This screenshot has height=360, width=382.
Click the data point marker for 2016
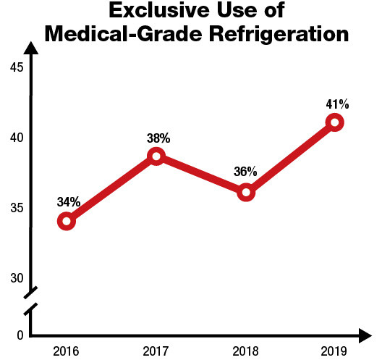pyautogui.click(x=67, y=221)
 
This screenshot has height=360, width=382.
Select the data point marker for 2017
pyautogui.click(x=156, y=156)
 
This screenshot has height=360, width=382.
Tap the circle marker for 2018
pyautogui.click(x=246, y=193)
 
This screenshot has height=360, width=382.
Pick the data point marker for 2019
pyautogui.click(x=334, y=122)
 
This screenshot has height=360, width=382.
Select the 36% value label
pyautogui.click(x=246, y=172)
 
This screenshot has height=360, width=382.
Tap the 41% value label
pyautogui.click(x=337, y=104)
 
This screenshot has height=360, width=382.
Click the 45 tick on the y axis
pyautogui.click(x=17, y=68)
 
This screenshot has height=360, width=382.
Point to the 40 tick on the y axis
pyautogui.click(x=17, y=138)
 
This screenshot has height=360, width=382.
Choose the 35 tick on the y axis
pyautogui.click(x=17, y=208)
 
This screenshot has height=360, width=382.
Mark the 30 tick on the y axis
pyautogui.click(x=17, y=278)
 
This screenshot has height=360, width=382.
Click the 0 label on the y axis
pyautogui.click(x=20, y=335)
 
